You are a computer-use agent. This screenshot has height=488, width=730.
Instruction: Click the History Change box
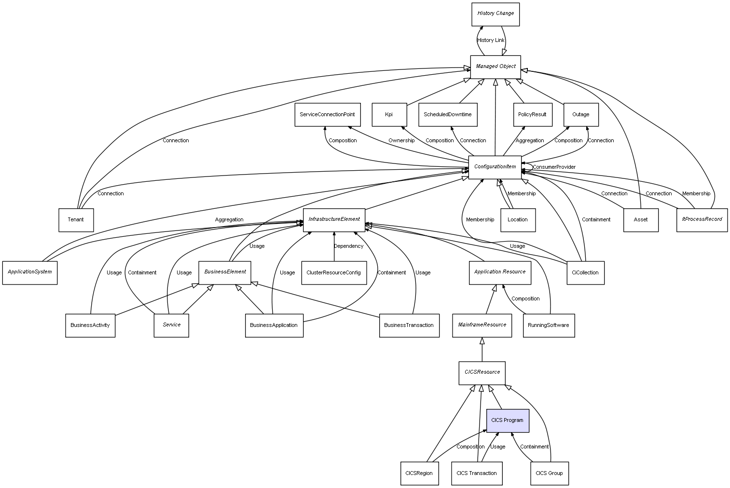pos(496,14)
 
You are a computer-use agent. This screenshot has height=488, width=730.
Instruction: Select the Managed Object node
pos(496,67)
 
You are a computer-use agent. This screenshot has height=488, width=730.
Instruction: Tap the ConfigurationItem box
pos(495,167)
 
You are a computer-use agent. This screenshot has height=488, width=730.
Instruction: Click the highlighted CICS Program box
pos(508,420)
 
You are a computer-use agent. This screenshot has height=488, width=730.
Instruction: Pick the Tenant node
pos(76,220)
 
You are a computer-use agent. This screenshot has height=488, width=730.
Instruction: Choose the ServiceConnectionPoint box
pos(327,115)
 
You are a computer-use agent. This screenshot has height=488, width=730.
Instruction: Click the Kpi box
pos(389,115)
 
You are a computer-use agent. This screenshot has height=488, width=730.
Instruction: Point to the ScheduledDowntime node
pos(448,115)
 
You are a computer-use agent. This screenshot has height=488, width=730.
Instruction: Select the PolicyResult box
pos(532,115)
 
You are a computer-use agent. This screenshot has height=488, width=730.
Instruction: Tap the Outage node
pos(581,115)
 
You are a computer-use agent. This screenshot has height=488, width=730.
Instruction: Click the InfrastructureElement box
pos(334,219)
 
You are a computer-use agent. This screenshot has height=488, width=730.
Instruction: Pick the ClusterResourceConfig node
pos(333,273)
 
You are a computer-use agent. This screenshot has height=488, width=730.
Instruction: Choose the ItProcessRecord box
pos(702,219)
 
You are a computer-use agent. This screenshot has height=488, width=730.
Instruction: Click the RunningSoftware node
pos(549,325)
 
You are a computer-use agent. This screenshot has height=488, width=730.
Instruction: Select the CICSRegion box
pos(419,474)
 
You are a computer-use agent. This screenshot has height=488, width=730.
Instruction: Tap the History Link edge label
pos(491,41)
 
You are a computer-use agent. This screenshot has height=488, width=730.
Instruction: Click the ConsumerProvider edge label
pos(554,167)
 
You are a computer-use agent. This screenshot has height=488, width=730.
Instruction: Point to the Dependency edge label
pos(348,246)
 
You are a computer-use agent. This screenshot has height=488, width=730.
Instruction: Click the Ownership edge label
pos(401,141)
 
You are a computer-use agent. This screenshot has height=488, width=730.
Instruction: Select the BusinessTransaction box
pos(409,325)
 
